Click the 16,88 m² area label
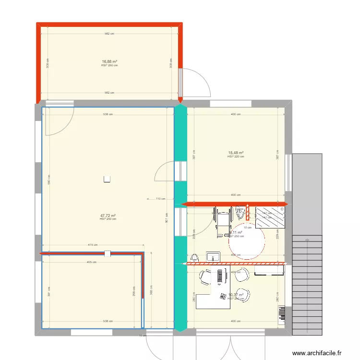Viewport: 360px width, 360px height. [x=109, y=61]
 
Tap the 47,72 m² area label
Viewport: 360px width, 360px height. [x=108, y=216]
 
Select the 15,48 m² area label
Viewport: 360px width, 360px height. [x=236, y=153]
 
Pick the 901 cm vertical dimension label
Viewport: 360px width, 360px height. [x=167, y=218]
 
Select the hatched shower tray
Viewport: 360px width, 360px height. [x=271, y=218]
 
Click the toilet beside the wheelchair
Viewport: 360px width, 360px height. [x=240, y=212]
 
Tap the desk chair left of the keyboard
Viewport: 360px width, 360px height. [x=205, y=278]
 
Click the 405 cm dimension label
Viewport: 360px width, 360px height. [x=91, y=262]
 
